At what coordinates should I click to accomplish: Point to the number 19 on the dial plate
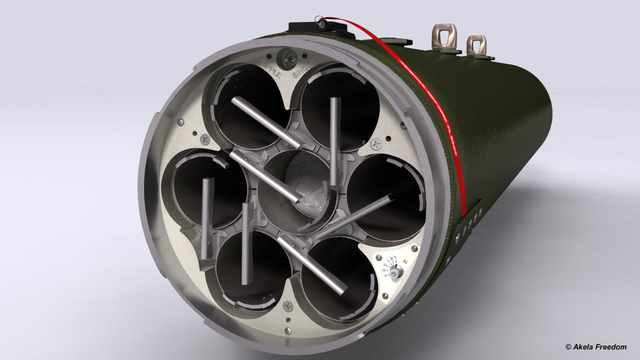[x=405, y=261]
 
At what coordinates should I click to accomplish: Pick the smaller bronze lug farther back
[x=476, y=46]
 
